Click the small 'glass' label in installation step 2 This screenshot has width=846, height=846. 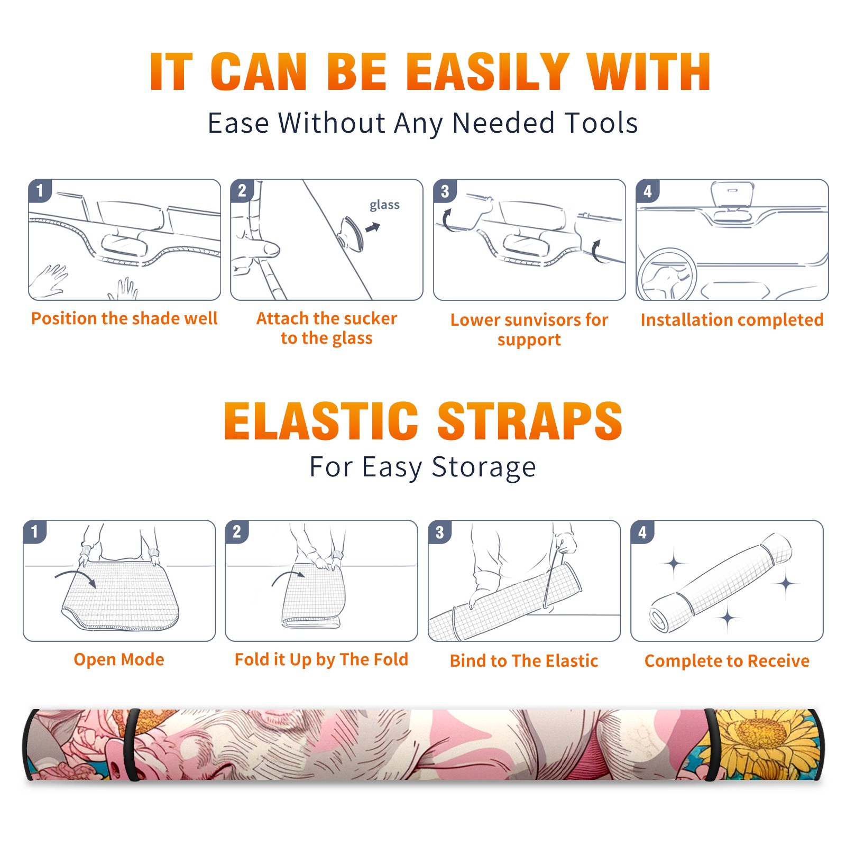tap(384, 205)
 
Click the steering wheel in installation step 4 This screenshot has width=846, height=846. tap(667, 274)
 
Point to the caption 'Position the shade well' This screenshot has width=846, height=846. tap(124, 318)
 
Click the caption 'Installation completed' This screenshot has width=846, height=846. tap(732, 319)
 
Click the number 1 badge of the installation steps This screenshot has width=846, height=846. tap(40, 190)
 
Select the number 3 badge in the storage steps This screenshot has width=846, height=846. tap(439, 532)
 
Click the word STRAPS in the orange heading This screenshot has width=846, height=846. tap(530, 421)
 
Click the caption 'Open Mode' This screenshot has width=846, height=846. tap(119, 659)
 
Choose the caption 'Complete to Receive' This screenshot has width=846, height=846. tap(727, 661)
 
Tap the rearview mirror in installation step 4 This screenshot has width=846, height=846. tap(732, 195)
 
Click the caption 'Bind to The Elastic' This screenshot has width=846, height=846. tap(524, 661)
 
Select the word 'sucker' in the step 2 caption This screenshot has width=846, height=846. tap(370, 318)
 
